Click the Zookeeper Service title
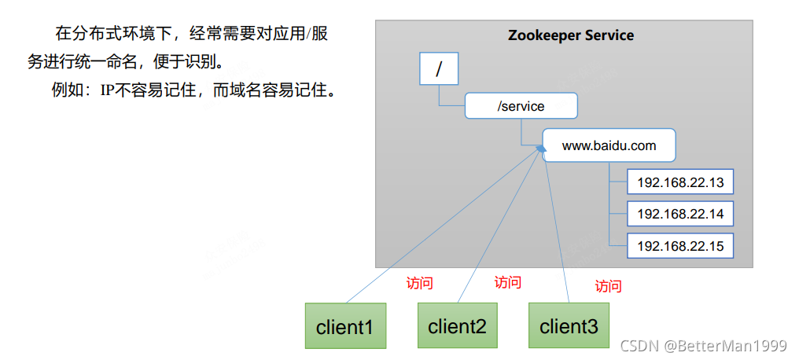[570, 35]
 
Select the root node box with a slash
[439, 69]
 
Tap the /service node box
[521, 105]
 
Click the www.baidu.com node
[609, 145]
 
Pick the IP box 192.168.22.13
[679, 182]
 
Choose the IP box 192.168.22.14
[679, 214]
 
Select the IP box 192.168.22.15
[679, 245]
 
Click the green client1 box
[345, 325]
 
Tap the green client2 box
[457, 325]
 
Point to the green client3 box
[569, 325]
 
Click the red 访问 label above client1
[419, 283]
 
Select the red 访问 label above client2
[507, 281]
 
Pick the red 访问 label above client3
[608, 285]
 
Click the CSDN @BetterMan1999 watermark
[703, 346]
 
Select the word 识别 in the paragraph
[203, 61]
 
